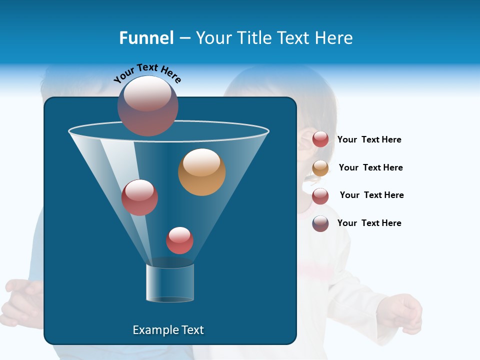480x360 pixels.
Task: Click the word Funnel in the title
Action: pos(146,38)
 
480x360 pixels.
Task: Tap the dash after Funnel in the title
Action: pos(184,38)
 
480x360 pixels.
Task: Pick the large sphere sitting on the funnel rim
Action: pos(147,105)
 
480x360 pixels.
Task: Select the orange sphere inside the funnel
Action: pos(201,172)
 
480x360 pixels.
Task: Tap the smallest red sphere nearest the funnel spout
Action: pos(179,240)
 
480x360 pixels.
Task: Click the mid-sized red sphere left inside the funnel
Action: pos(139,197)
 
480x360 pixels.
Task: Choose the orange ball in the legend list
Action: pos(320,168)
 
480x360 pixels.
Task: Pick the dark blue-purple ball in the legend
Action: pos(320,223)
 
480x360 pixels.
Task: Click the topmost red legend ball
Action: pos(320,139)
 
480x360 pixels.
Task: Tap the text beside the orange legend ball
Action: pos(370,167)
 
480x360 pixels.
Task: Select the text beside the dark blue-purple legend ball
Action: pos(369,223)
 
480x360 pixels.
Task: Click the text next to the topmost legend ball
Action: pos(369,139)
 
